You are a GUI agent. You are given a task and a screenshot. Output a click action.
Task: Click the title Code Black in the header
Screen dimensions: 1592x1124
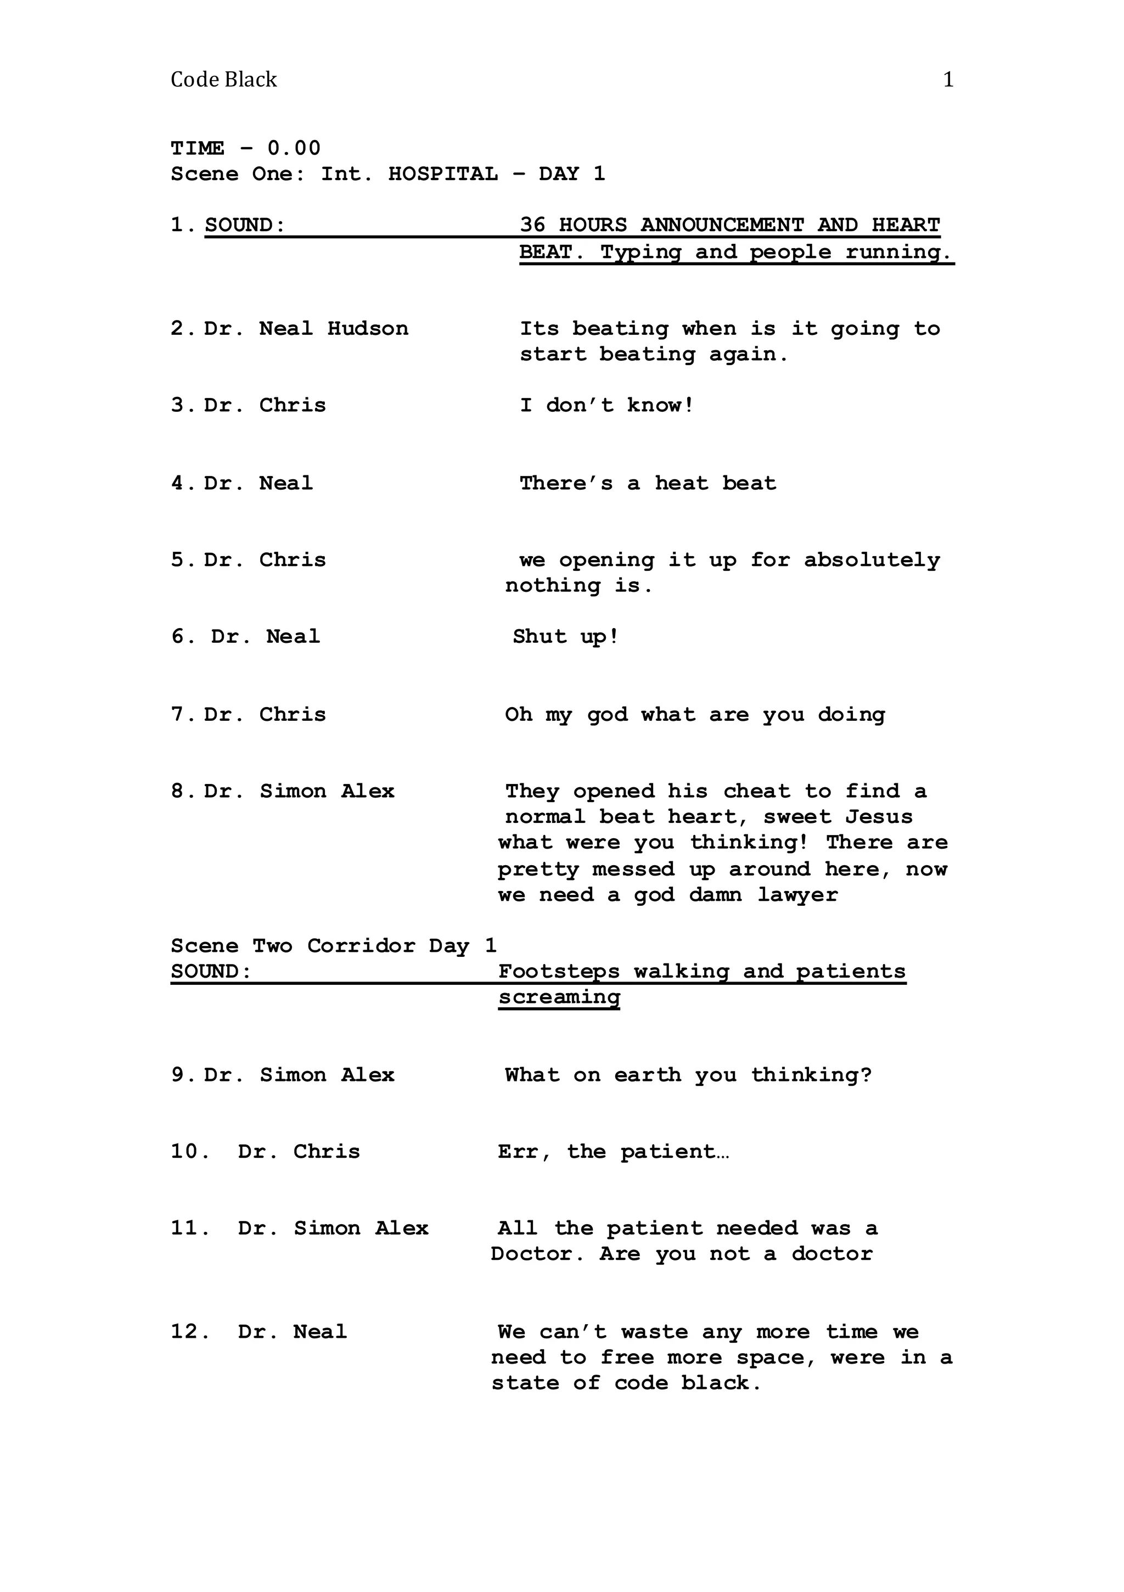(x=223, y=80)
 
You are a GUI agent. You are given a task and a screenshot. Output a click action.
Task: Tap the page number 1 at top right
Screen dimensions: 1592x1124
(x=948, y=80)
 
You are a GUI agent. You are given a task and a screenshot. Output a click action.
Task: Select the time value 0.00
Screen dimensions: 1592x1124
(x=294, y=148)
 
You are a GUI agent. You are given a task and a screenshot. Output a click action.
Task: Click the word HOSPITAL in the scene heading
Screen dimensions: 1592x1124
(x=442, y=173)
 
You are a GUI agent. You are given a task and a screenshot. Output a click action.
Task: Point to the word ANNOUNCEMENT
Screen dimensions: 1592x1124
(x=722, y=225)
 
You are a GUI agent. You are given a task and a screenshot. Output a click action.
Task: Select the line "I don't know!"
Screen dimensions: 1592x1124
(x=606, y=405)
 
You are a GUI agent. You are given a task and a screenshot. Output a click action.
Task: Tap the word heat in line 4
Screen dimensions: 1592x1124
(x=682, y=483)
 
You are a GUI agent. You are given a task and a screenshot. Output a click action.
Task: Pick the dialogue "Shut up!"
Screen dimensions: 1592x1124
(x=566, y=636)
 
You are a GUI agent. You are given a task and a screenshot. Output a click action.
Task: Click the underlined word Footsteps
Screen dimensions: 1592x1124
(x=559, y=972)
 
